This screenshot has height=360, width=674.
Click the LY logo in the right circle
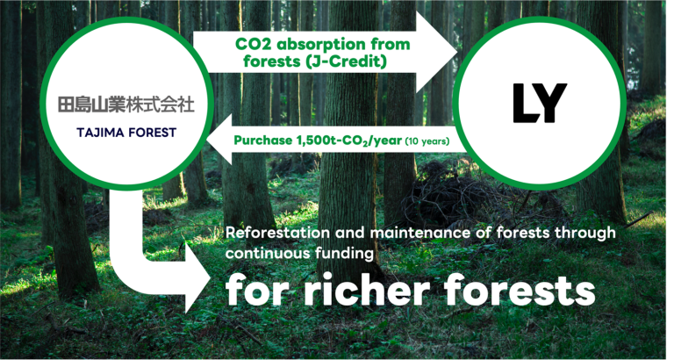[x=539, y=104]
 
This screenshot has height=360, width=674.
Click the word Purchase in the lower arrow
[x=263, y=140]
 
